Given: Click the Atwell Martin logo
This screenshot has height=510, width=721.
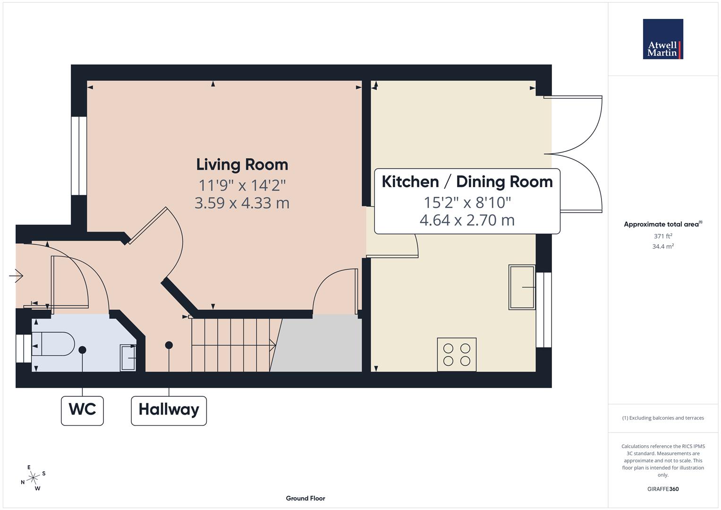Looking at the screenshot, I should (x=663, y=39).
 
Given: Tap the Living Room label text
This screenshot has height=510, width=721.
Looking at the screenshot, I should (x=242, y=165).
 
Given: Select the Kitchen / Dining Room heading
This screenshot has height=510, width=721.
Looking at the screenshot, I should (x=467, y=182).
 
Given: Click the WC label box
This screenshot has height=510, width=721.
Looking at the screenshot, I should (x=82, y=409).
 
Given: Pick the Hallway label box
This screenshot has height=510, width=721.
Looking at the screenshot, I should (x=169, y=409).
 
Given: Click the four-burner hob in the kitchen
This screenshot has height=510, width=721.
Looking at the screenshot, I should (x=457, y=355).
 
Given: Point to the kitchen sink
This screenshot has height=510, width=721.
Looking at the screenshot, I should (x=522, y=287).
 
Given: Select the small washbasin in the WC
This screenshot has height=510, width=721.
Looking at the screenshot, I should (x=128, y=358).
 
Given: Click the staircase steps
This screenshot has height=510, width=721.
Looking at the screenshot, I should (x=231, y=345).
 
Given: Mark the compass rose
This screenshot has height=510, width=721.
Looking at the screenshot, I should (x=33, y=478).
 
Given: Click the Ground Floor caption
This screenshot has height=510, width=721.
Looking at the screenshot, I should (x=305, y=498).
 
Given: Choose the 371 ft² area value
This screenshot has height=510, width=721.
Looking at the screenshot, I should (x=663, y=236).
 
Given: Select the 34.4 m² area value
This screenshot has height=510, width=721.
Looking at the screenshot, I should (x=663, y=246).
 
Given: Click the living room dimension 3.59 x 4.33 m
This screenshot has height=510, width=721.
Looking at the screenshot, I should (x=242, y=203).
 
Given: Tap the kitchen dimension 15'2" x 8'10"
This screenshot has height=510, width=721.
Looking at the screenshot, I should (x=467, y=203).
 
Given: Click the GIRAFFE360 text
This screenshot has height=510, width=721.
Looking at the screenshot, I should (x=663, y=489).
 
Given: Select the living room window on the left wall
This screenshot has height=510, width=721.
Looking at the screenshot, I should (x=79, y=156).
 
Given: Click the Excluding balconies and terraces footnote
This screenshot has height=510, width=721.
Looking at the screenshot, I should (x=663, y=418).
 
